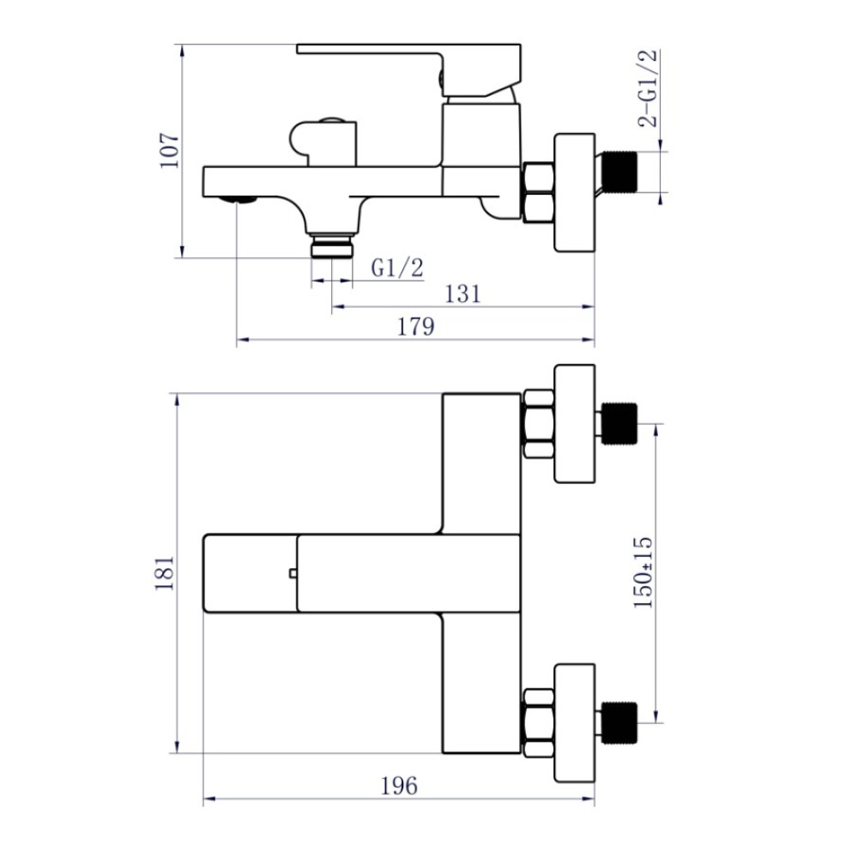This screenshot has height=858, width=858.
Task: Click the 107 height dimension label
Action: pos(169,150)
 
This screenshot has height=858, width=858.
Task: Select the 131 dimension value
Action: pos(462,293)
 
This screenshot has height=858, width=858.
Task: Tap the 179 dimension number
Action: pos(415,326)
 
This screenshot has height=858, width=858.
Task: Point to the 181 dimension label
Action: pos(164,573)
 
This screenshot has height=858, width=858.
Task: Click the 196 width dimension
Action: pos(399,786)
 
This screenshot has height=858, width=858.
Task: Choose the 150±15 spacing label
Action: pos(643,572)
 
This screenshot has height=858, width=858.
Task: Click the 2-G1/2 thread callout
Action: pos(648,88)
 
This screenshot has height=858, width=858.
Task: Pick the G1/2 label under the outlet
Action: pos(397,268)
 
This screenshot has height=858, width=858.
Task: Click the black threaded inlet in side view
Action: pos(619,172)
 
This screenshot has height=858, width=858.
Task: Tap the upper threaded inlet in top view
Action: pos(619,423)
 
